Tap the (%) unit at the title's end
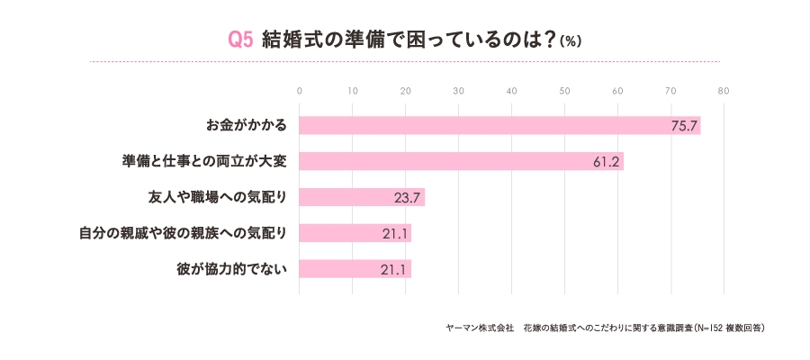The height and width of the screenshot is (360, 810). pos(571,41)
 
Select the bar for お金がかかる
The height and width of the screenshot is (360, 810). pos(499,125)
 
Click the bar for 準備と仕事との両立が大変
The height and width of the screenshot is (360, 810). pos(461,161)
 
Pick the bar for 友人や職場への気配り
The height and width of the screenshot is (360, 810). pos(361,197)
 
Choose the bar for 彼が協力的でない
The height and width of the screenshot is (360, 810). pos(355,269)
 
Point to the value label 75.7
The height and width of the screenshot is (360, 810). pos(684,125)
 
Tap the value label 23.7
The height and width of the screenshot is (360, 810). pos(408,197)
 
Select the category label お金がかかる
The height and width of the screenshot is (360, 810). pos(247,125)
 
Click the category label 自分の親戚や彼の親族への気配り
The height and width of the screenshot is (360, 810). pos(184,233)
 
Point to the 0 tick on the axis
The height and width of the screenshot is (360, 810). pos(299,91)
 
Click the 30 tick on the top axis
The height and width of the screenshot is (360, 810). pos(458,91)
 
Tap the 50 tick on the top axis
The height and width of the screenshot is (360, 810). pos(564,91)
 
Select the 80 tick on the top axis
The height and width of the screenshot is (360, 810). pos(724,91)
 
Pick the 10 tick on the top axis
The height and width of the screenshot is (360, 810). pos(352,91)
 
